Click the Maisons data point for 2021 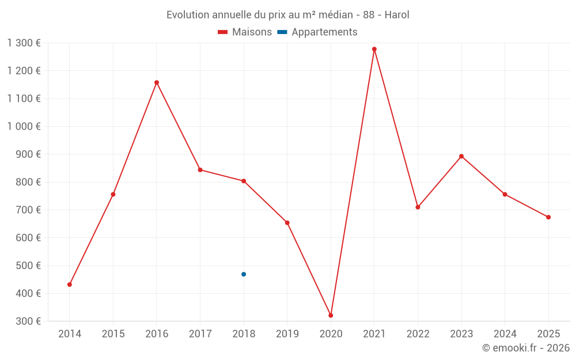point(374,49)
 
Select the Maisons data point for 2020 point(331,315)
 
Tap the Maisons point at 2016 point(157,82)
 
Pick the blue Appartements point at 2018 point(244,274)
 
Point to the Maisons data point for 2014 point(70,285)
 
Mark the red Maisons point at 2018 point(244,181)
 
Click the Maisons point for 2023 point(461,156)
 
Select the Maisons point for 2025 point(548,217)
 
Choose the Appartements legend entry point(324,32)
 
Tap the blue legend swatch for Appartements point(282,32)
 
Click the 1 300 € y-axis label point(24,43)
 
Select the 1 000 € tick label point(24,127)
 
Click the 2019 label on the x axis point(287,334)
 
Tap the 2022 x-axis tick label point(418,334)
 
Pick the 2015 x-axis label point(113,334)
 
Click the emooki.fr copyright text point(526,348)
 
